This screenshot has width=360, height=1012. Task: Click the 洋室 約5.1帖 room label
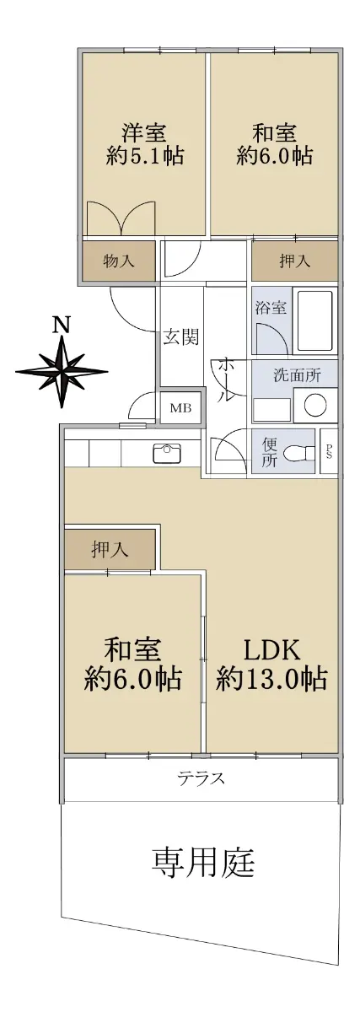point(144,144)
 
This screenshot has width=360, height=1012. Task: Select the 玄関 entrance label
point(180,336)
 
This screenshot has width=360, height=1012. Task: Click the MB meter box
point(180,408)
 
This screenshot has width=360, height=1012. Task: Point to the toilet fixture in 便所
point(299,453)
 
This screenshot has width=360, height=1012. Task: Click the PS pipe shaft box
point(329,451)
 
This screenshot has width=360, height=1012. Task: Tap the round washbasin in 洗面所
point(315,405)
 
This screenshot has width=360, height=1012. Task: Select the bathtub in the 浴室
point(314,320)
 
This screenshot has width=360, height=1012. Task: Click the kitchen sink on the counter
point(167,453)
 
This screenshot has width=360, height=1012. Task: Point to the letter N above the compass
point(62,325)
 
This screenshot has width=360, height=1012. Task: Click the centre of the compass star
point(62,372)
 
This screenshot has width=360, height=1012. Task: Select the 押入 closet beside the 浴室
point(294,261)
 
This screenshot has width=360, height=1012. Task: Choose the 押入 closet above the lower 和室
point(110,550)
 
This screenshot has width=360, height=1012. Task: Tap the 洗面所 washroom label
point(297,375)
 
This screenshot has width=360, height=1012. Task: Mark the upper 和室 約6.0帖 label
point(275,144)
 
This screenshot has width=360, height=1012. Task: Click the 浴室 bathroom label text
point(271,309)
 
